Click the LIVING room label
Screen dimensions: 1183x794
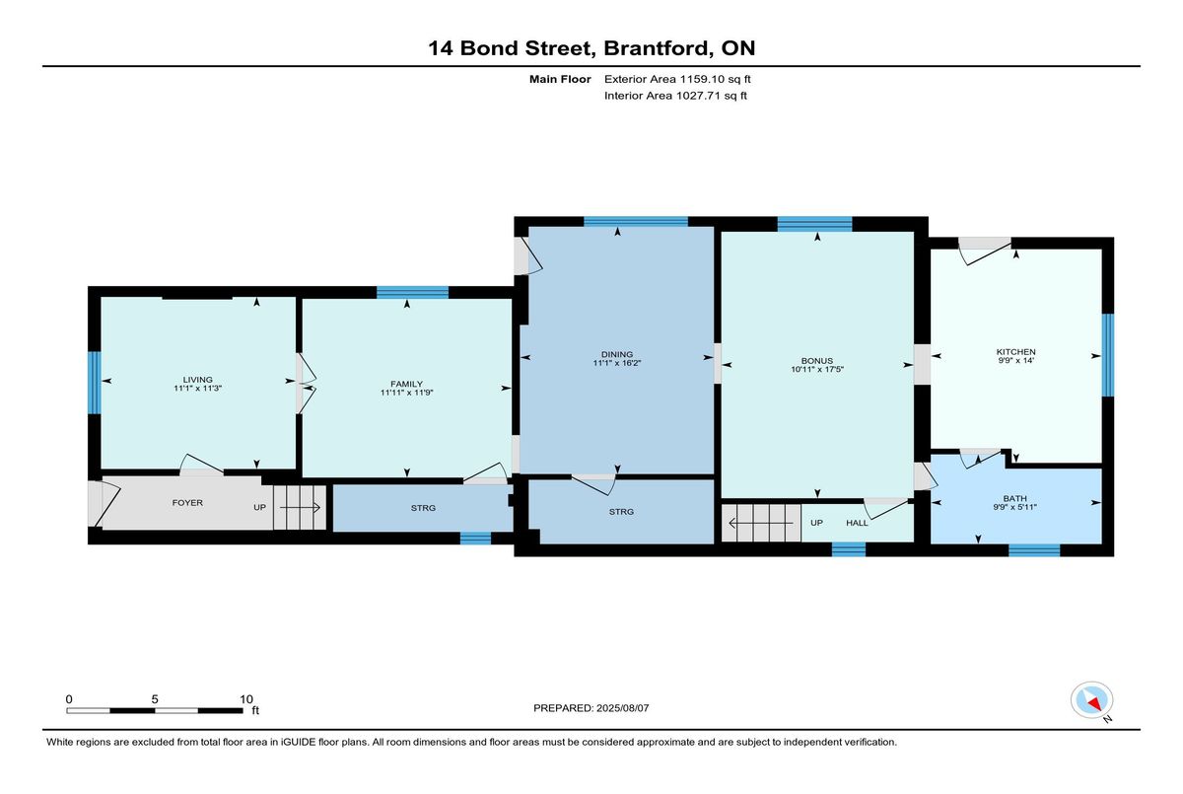(197, 380)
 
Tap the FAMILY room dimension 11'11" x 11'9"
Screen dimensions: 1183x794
(406, 393)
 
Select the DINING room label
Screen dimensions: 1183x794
(617, 354)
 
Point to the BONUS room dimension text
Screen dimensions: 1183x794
(817, 369)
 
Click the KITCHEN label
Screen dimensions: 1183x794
(1015, 352)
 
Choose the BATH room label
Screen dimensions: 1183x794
(1015, 498)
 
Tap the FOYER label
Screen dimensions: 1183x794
(187, 502)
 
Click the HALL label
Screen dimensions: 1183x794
(857, 523)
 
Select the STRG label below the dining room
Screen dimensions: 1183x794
(621, 511)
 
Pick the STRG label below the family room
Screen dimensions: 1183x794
(423, 508)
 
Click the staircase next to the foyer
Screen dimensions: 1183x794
(300, 508)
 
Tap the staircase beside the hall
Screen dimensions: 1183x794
(761, 523)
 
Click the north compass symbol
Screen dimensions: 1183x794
(1091, 700)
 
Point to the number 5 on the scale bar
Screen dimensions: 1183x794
(155, 699)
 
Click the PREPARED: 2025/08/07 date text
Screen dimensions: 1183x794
(591, 708)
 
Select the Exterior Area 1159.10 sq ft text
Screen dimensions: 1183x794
(677, 79)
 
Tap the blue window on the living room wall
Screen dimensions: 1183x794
(94, 383)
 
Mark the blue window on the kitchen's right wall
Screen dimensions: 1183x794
(1107, 355)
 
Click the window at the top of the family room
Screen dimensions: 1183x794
(412, 292)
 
